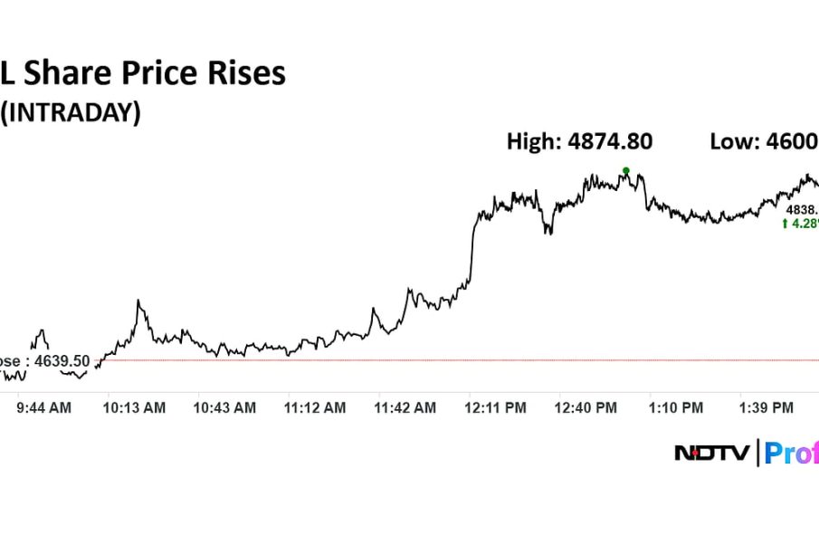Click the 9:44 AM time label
pos(44,408)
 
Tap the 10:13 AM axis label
pos(134,408)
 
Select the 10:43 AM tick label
pos(224,408)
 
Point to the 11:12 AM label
pos(315,408)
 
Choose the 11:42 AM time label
pos(405,408)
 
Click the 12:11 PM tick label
pos(496,408)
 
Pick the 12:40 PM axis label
pos(586,408)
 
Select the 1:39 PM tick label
pos(767,408)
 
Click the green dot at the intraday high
pos(625,170)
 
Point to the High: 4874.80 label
pos(579,141)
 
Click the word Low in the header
pos(731,141)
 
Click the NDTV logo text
pos(711,453)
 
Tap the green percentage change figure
pos(805,223)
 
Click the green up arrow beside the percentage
pos(785,223)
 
